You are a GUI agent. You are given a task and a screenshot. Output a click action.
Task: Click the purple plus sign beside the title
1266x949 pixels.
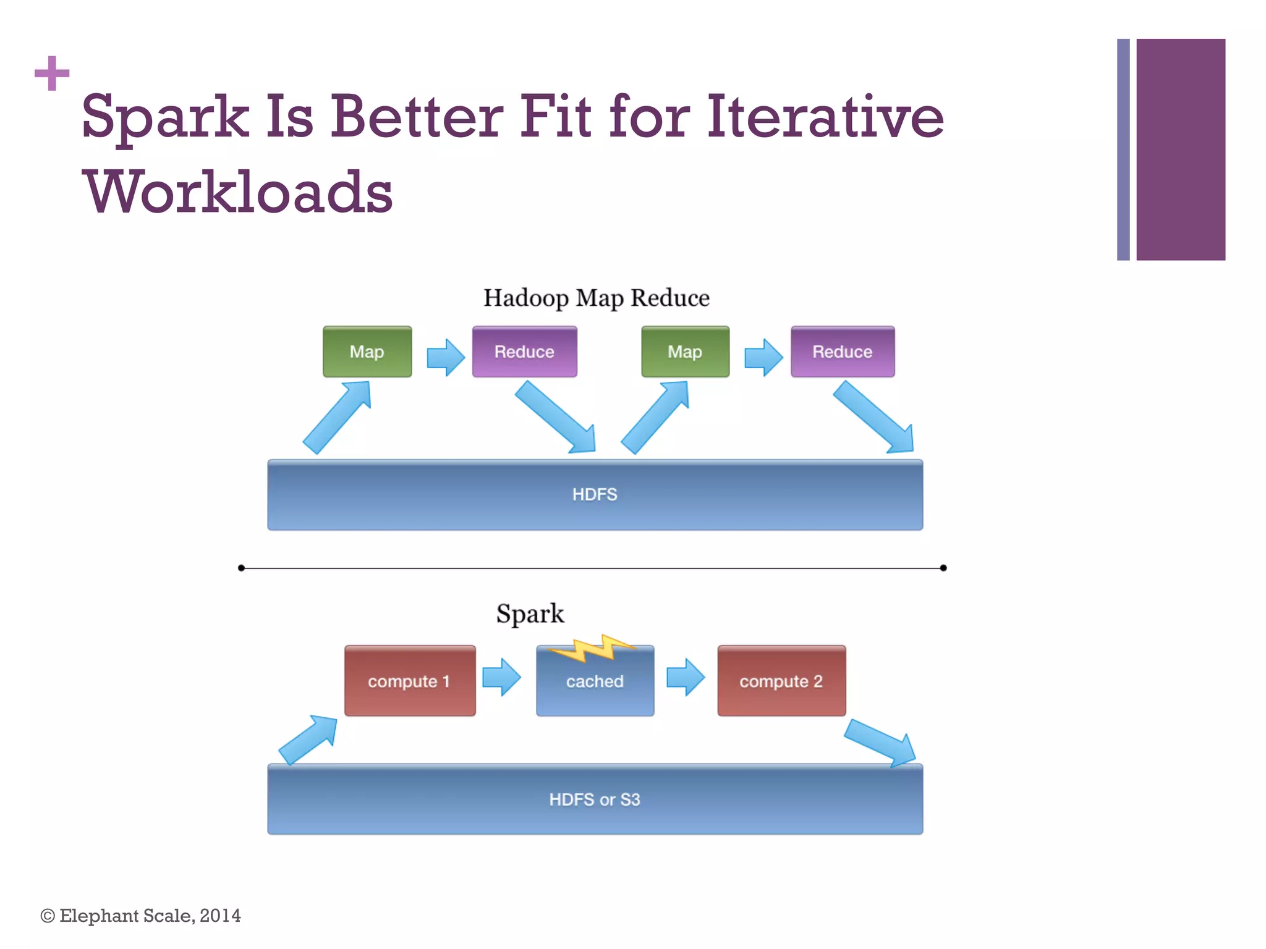point(52,73)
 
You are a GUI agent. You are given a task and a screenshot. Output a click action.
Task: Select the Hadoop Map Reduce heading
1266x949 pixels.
point(596,298)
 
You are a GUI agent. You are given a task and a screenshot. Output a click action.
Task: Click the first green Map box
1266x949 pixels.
point(367,352)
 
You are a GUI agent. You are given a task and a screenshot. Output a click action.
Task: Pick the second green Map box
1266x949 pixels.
point(685,352)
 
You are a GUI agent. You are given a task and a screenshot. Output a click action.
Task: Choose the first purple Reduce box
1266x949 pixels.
point(524,352)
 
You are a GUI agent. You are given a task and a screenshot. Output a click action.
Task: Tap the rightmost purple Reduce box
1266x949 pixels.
point(843,352)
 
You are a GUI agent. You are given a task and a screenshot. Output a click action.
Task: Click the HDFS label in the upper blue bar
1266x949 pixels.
point(595,494)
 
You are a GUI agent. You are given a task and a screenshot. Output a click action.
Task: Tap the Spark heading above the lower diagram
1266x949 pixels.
point(530,614)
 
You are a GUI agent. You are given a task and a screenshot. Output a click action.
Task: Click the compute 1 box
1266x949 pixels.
point(410,681)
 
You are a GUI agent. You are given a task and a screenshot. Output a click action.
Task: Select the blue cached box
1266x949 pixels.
point(595,686)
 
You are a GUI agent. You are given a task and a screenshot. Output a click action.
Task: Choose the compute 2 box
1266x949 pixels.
point(781,681)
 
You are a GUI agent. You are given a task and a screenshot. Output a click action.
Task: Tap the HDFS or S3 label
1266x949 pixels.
point(595,799)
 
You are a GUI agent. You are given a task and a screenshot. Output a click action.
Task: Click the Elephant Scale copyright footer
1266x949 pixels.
point(141,916)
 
